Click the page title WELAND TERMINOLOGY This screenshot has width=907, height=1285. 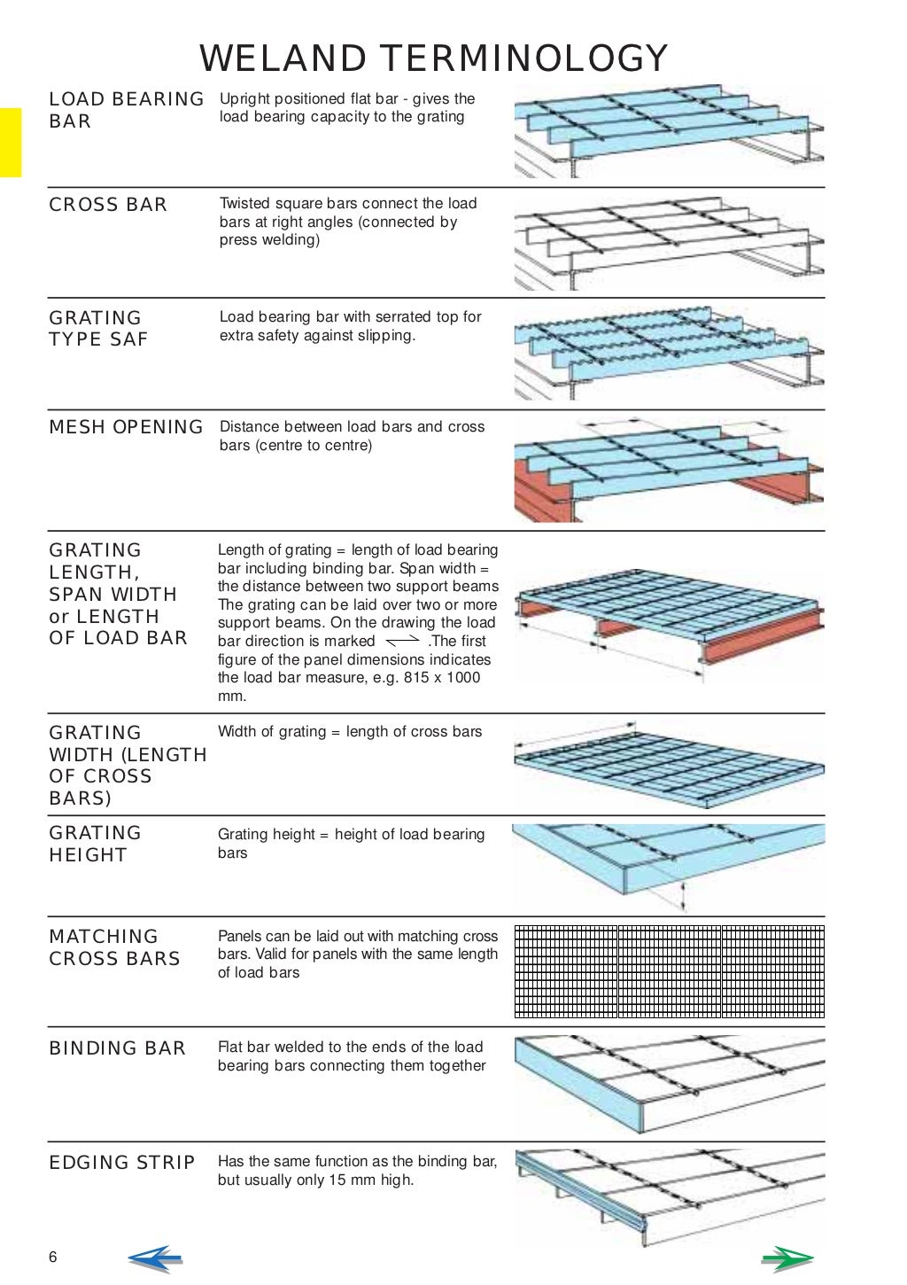(433, 58)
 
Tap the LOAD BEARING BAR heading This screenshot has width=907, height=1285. (126, 110)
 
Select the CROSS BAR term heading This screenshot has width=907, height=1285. (108, 205)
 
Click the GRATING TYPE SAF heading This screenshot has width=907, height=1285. (97, 329)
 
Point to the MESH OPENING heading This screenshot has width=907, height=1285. (126, 427)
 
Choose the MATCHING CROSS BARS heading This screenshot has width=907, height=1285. (114, 947)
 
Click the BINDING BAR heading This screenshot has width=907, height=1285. (117, 1048)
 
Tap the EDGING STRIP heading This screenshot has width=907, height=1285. (121, 1163)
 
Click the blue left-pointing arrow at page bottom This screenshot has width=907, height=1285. (154, 1258)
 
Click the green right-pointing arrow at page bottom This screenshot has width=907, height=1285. (787, 1258)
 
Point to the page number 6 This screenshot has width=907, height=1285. (53, 1258)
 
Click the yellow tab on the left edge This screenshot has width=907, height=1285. (10, 143)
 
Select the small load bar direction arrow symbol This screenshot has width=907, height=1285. (403, 640)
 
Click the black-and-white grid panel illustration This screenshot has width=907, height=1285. (669, 971)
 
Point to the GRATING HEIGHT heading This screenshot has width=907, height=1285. (95, 845)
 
